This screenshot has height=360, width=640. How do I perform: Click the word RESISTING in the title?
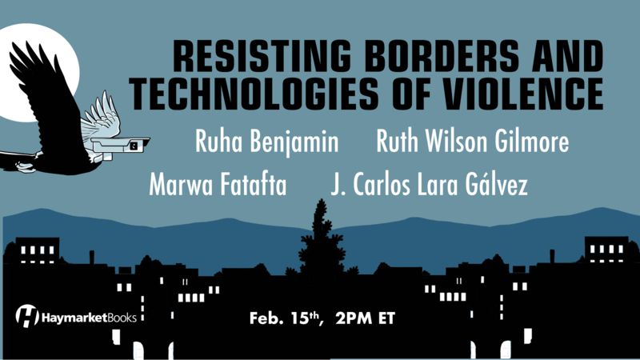[x=262, y=56]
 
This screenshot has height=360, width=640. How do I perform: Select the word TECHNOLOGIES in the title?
[x=254, y=94]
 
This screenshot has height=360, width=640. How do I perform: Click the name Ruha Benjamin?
[x=267, y=142]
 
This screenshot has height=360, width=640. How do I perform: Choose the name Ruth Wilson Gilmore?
[x=473, y=142]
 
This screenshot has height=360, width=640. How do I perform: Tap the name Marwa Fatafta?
[x=218, y=185]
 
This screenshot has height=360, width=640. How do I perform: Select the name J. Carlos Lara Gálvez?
[x=429, y=184]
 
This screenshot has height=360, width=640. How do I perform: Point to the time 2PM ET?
[x=366, y=318]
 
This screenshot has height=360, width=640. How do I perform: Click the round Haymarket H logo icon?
[x=27, y=316]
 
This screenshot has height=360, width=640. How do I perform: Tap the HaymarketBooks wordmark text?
[x=89, y=318]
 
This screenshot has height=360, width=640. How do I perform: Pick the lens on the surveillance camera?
[x=134, y=146]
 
